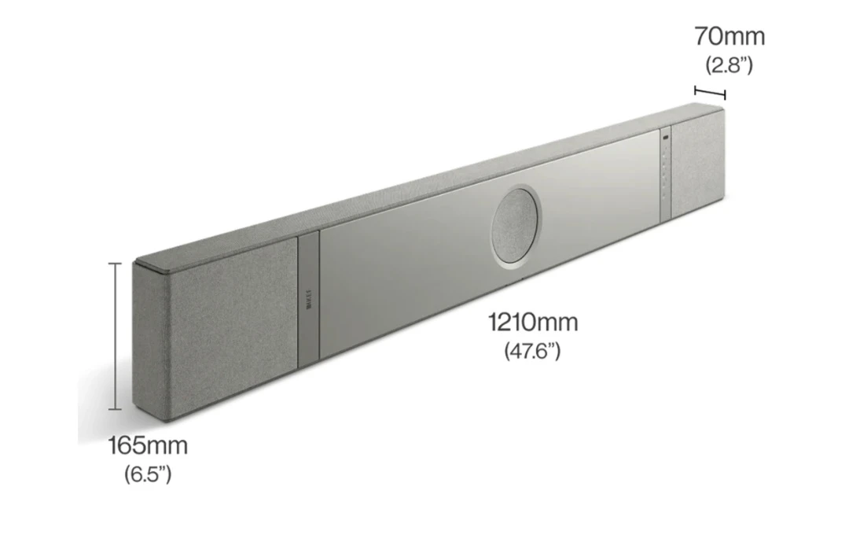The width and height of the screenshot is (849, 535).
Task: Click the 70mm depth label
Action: pos(729,36)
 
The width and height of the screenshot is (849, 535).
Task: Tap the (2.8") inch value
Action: pos(729,65)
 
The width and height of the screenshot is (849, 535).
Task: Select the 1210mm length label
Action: pos(532,322)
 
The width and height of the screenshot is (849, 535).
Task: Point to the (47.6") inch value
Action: pos(532,350)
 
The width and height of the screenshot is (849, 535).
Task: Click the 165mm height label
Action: pos(148,446)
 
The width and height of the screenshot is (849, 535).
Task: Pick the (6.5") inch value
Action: pos(148,474)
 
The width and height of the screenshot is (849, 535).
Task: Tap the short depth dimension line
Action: pos(710,92)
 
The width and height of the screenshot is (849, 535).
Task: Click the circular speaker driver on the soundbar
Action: pos(516,225)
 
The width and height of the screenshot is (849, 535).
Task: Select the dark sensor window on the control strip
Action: pos(665,139)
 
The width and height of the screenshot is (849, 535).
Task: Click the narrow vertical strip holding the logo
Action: pos(308,299)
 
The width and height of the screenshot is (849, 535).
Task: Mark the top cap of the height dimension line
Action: pos(116,264)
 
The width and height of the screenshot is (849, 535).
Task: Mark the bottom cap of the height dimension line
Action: pos(116,409)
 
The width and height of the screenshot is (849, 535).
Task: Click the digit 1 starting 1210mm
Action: pos(493,322)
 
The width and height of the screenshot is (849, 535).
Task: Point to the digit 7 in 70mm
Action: pos(701,36)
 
